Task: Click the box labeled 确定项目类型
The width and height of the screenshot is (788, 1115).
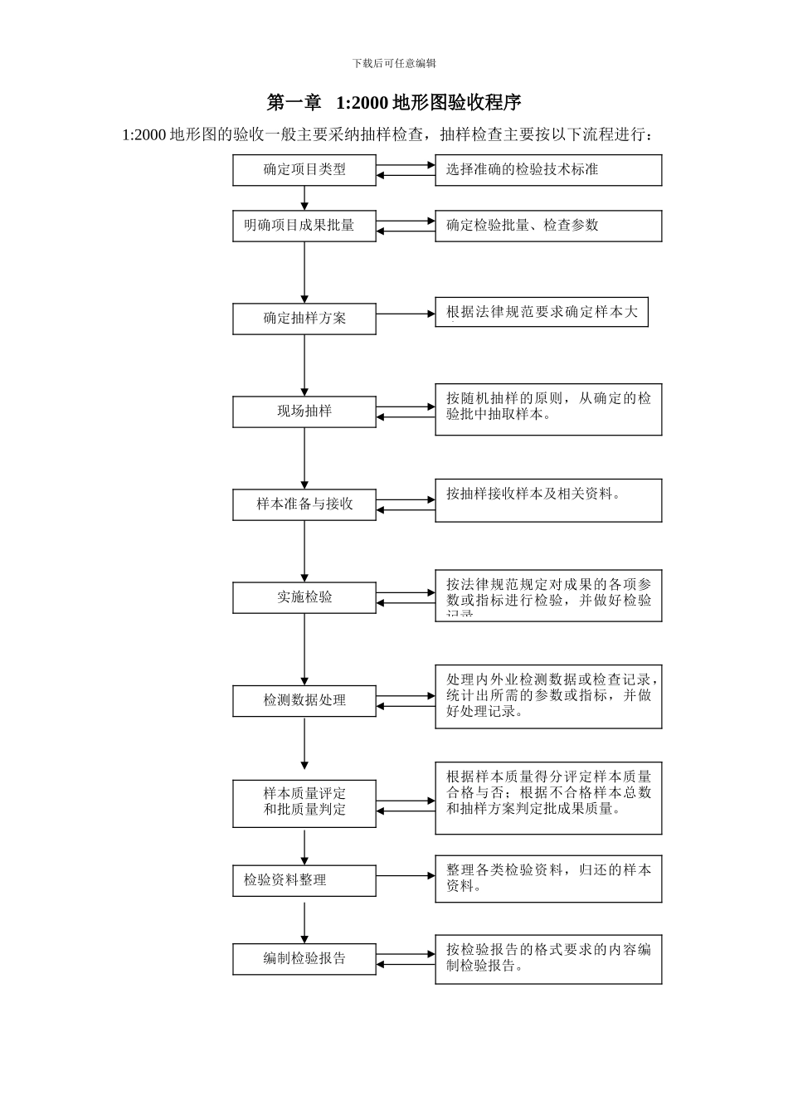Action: point(304,170)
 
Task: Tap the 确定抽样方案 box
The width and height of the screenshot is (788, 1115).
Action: point(304,319)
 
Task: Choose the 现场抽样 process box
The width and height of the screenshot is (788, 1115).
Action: point(304,411)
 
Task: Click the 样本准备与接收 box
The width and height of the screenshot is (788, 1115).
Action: point(304,504)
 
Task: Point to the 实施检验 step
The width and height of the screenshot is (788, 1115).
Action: point(304,597)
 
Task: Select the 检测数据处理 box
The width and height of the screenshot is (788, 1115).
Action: point(304,701)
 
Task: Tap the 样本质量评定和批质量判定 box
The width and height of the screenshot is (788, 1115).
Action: point(304,802)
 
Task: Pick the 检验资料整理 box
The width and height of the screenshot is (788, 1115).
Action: point(304,880)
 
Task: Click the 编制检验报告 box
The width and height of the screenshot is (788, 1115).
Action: point(304,958)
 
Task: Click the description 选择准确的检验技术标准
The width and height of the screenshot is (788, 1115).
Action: point(548,170)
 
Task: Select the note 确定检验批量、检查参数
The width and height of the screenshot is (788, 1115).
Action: point(548,226)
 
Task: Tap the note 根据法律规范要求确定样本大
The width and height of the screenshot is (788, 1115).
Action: point(541,312)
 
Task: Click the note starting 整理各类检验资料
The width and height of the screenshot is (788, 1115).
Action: point(548,879)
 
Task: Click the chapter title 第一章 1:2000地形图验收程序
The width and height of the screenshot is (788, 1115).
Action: point(394,103)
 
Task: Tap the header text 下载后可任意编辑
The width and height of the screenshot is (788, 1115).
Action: point(394,63)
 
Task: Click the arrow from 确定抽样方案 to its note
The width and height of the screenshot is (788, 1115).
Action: point(406,314)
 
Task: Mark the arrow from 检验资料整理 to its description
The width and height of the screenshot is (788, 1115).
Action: point(406,876)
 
